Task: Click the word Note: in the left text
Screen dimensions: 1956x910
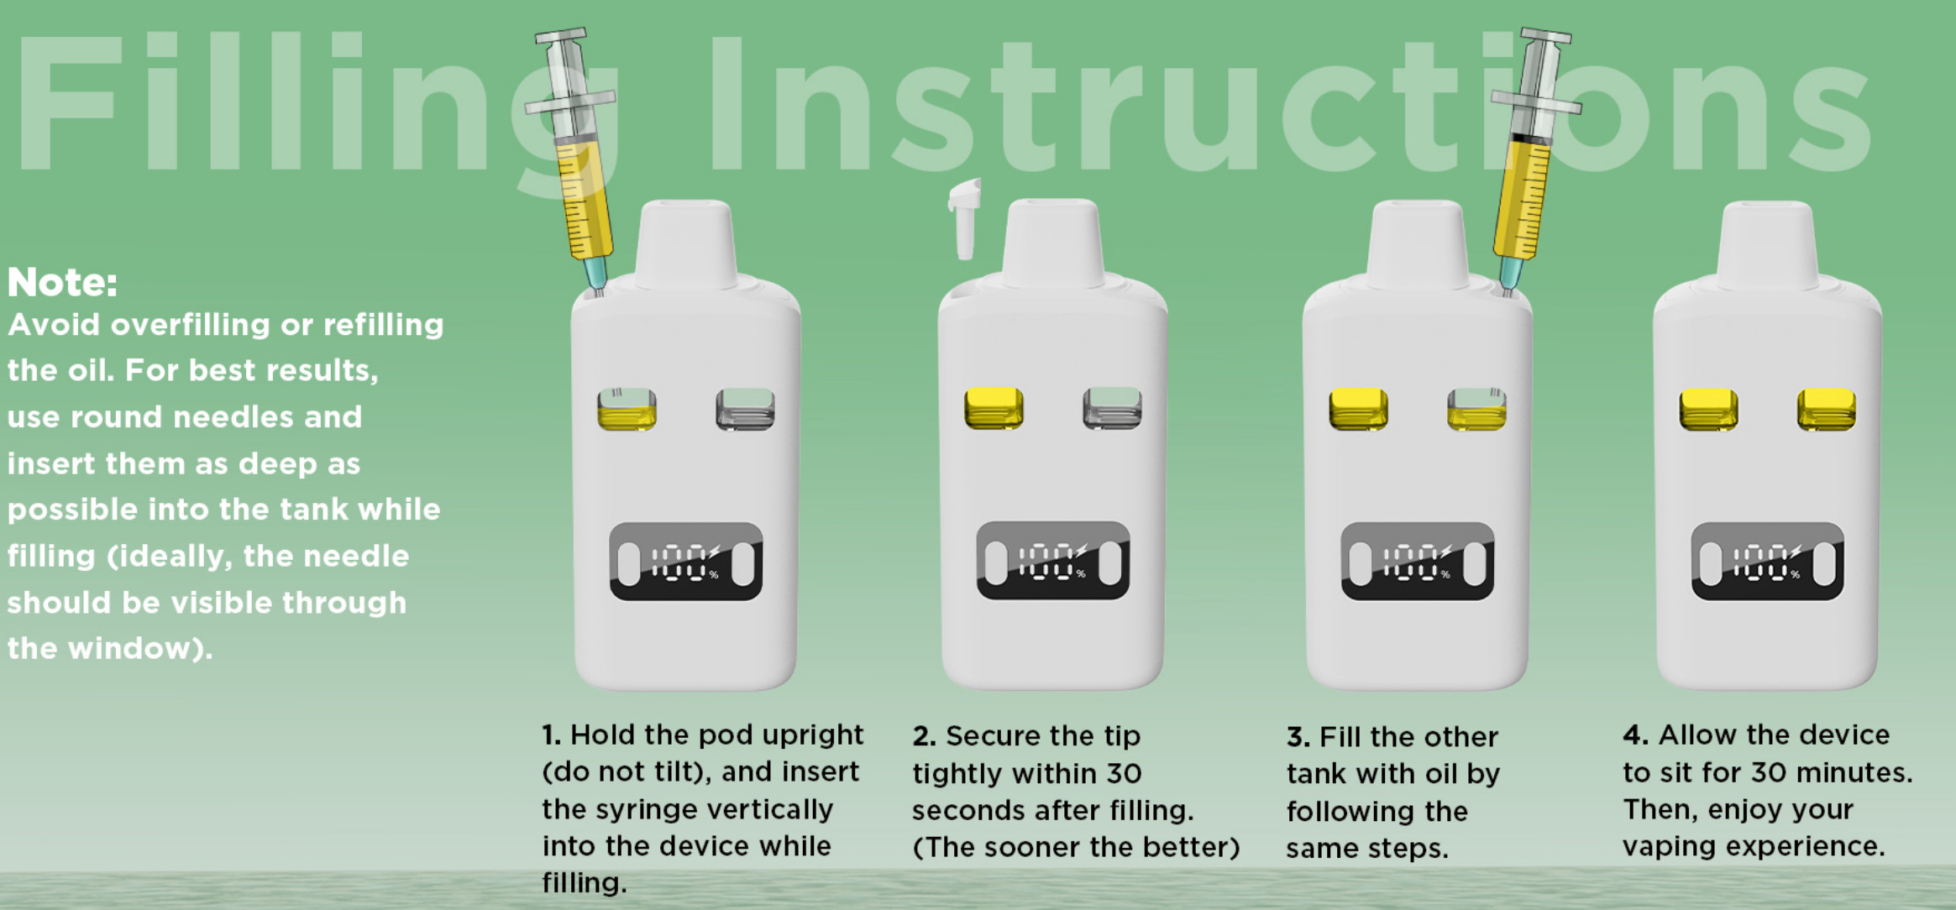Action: (x=62, y=283)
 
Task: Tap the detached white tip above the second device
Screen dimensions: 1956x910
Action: (x=965, y=218)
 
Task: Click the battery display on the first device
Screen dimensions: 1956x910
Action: (x=686, y=562)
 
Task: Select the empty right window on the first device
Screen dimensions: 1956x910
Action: (x=745, y=409)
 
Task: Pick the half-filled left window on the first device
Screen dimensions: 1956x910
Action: (x=627, y=409)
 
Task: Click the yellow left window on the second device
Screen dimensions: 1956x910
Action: (x=994, y=408)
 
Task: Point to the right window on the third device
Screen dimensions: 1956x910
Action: (x=1476, y=409)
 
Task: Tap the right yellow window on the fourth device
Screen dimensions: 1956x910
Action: (x=1826, y=410)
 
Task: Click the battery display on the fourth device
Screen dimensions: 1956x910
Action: (x=1768, y=562)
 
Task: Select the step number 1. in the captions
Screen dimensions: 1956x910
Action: (x=551, y=735)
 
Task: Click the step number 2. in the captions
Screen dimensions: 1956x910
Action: (x=924, y=736)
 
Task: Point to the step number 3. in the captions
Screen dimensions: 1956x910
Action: (x=1298, y=737)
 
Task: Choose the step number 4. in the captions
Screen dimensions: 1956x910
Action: (x=1635, y=735)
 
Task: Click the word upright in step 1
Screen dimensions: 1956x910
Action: (x=812, y=736)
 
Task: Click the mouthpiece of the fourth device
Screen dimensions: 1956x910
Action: (x=1767, y=243)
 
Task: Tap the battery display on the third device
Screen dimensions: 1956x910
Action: (x=1418, y=562)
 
